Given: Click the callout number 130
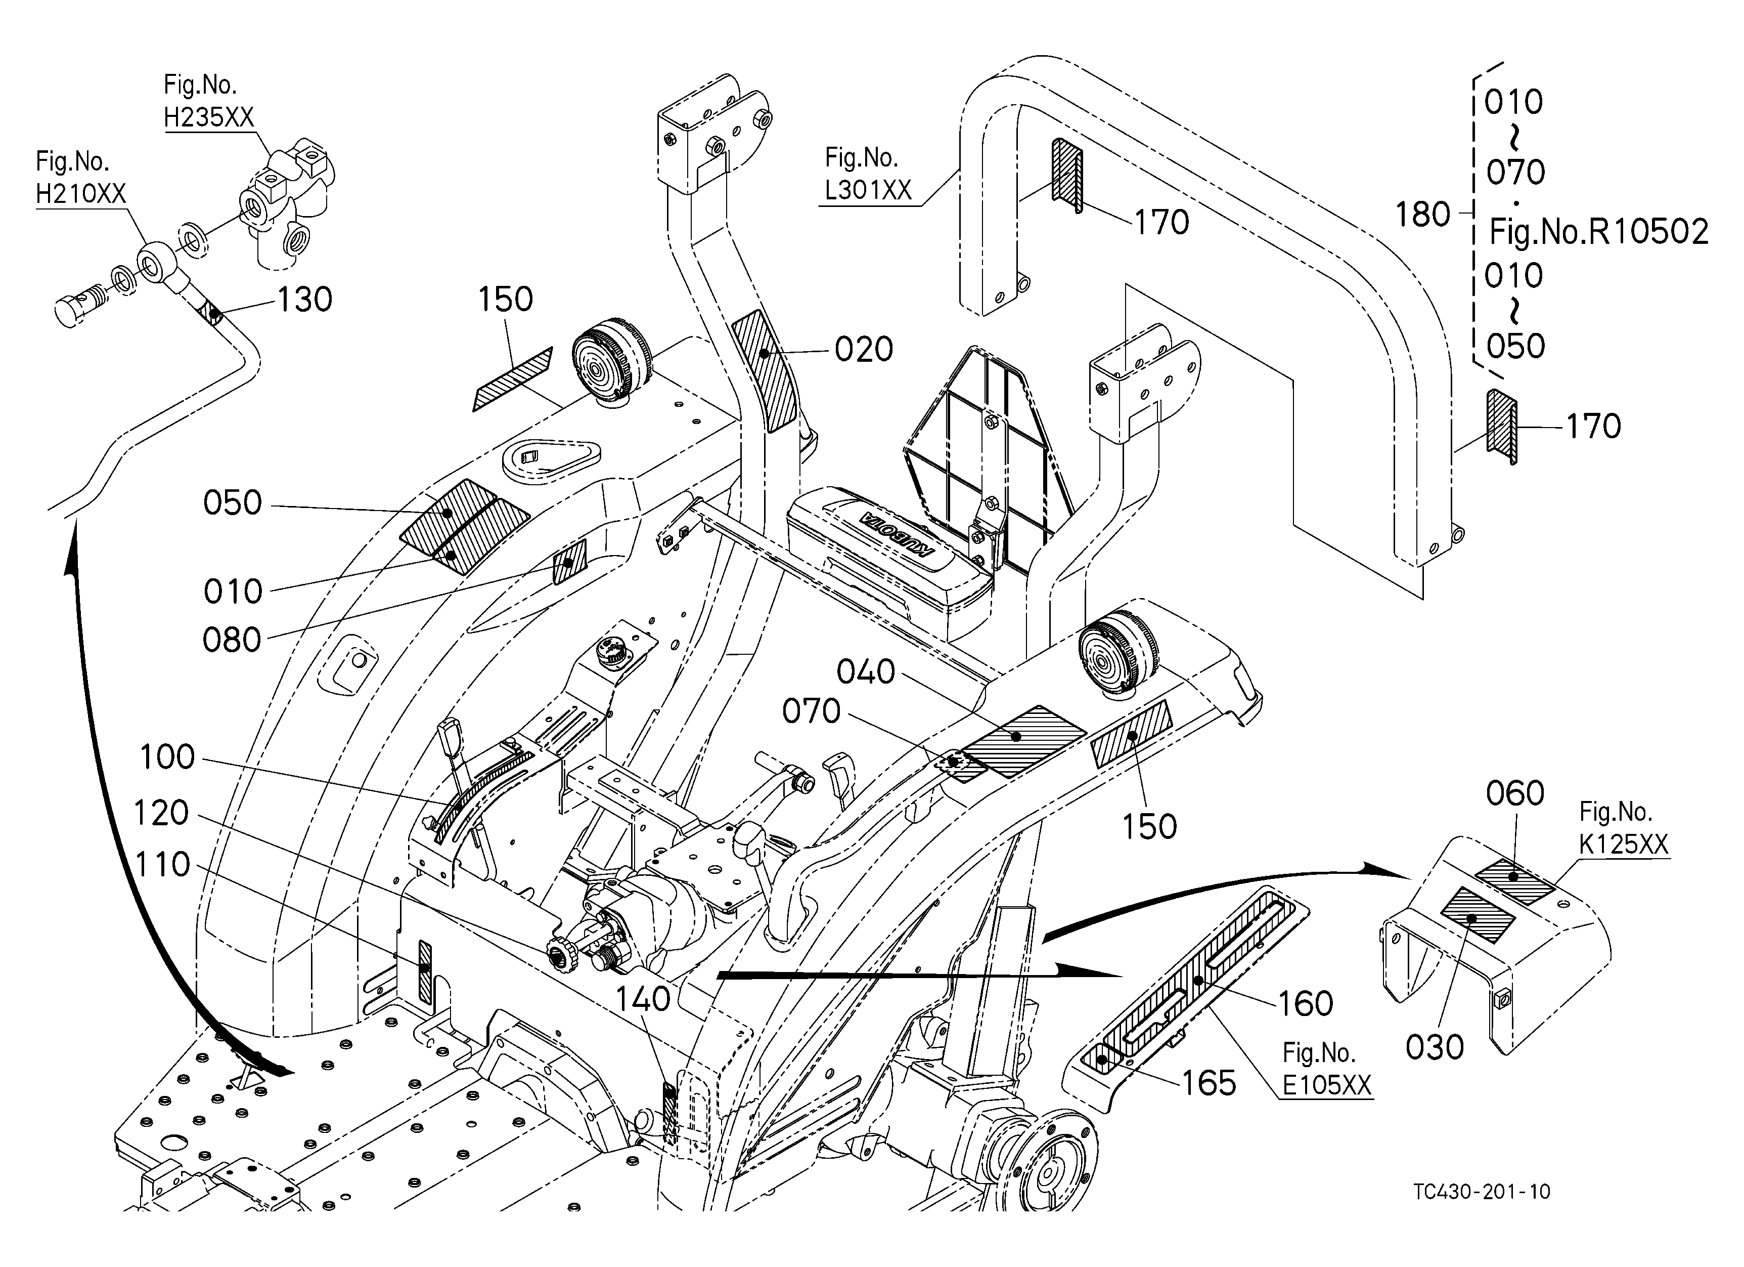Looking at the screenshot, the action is (304, 300).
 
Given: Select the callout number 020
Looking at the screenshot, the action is (864, 350).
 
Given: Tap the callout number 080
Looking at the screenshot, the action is (232, 640).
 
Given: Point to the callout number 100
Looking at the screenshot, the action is (167, 757).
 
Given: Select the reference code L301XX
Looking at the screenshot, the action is (868, 190).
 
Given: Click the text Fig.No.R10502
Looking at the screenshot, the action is (1599, 232).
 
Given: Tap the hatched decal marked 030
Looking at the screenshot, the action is (1477, 915).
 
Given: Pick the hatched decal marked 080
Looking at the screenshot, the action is (570, 562).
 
